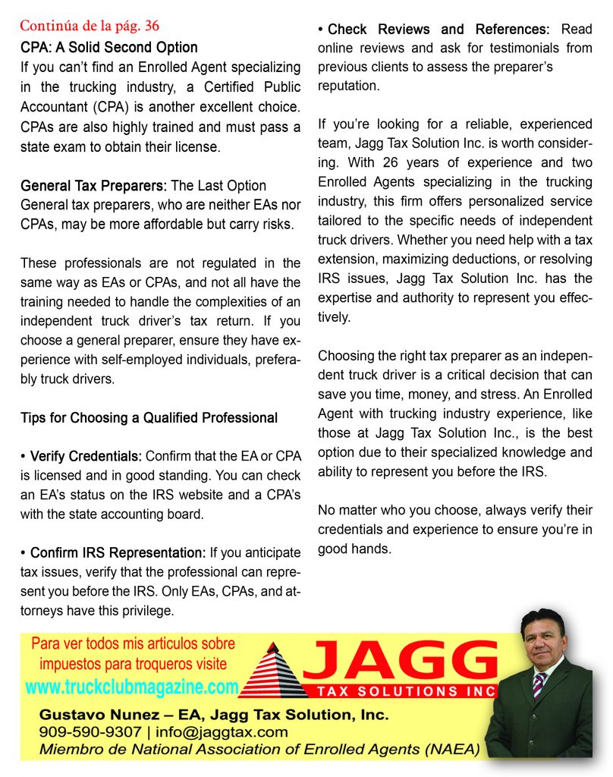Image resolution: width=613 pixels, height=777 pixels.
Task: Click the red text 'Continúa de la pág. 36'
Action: point(90,28)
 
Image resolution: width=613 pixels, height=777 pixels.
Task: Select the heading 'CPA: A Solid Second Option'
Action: point(108,47)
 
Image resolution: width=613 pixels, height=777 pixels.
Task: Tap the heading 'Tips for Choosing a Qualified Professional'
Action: point(149,417)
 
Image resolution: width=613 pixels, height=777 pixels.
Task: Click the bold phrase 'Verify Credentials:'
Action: point(86,457)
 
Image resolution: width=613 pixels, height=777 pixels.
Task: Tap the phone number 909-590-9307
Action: point(90,732)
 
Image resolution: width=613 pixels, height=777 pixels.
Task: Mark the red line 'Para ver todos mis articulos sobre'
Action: point(133,644)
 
